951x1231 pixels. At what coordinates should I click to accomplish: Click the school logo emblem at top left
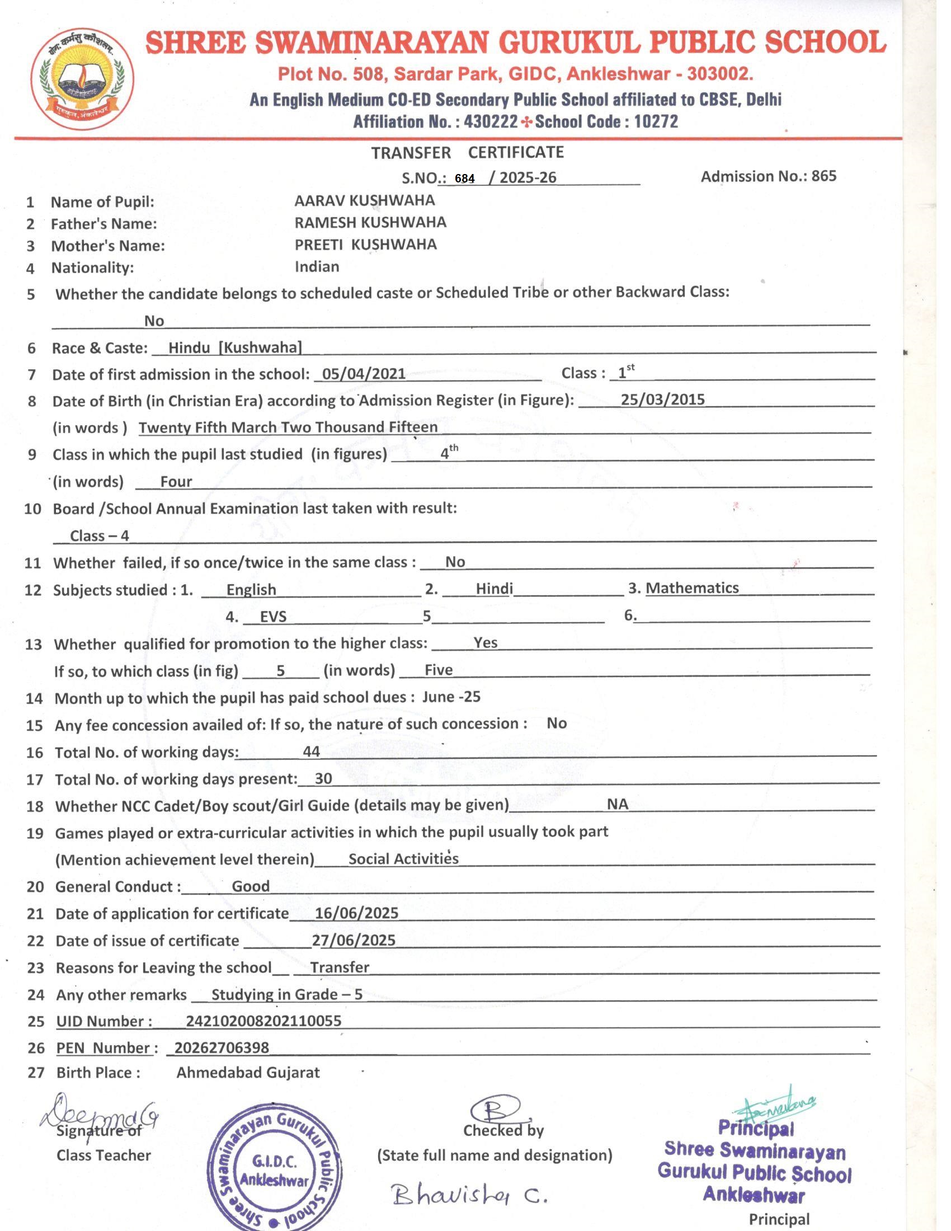click(82, 79)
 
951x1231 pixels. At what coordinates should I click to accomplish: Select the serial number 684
click(465, 178)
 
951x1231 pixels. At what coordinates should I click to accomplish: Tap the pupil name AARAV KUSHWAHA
click(365, 201)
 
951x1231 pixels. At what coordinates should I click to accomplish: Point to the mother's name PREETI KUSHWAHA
click(366, 245)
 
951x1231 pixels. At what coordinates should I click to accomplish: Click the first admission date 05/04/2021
click(364, 374)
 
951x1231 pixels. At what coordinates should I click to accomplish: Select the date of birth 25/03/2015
click(662, 400)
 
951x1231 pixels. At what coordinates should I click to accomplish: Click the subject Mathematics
click(692, 588)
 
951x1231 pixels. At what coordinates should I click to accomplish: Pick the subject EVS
click(273, 617)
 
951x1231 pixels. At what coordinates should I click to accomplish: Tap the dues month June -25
click(451, 697)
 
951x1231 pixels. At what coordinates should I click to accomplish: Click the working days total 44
click(311, 751)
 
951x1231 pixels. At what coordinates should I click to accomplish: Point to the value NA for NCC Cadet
click(618, 804)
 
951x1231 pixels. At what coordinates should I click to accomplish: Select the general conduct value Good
click(251, 886)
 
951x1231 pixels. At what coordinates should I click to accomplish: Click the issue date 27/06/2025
click(354, 940)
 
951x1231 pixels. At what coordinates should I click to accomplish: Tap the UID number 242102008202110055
click(263, 1021)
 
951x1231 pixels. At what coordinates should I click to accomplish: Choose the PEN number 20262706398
click(222, 1048)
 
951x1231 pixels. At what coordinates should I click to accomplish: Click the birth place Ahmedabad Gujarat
click(248, 1073)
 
